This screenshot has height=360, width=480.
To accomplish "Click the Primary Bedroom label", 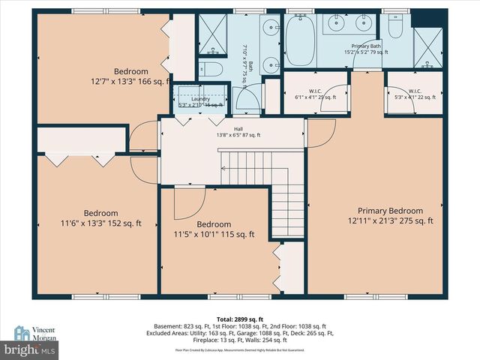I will coord(390,215).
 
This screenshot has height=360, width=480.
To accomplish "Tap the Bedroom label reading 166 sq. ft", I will coord(131,76).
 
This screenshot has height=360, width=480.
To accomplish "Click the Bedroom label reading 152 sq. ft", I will coord(100,217).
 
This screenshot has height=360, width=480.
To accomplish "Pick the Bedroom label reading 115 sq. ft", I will coord(214,229).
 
